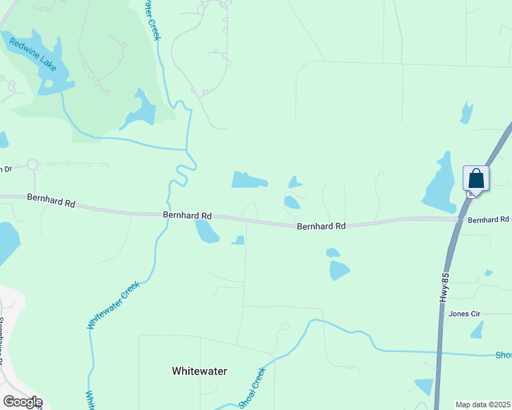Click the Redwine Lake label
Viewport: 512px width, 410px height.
(32, 54)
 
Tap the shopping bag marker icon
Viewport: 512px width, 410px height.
(476, 179)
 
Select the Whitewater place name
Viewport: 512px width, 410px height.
(199, 371)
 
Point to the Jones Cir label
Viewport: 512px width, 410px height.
(465, 314)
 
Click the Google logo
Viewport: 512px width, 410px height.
(22, 402)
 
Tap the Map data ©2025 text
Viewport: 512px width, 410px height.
(483, 405)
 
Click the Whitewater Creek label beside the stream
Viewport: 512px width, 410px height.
(114, 305)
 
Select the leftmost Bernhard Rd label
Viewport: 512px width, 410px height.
(51, 200)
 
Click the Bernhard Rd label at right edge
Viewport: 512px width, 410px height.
(489, 219)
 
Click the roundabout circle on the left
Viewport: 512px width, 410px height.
(32, 165)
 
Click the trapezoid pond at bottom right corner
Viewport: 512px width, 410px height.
(424, 386)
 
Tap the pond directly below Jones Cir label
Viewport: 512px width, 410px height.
(477, 330)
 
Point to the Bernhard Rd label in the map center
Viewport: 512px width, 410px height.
(321, 225)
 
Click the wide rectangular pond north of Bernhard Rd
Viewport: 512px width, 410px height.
(248, 180)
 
